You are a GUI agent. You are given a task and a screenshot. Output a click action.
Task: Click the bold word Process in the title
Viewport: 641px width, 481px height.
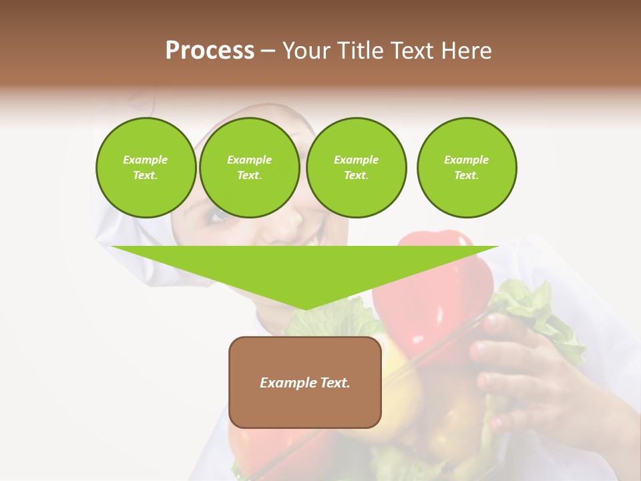coord(210,51)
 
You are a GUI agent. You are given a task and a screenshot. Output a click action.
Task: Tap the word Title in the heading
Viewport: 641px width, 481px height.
coord(361,51)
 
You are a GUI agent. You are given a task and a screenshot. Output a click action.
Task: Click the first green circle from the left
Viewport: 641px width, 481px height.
coord(146,168)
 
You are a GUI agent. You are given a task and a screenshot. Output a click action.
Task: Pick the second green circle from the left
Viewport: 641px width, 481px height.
coord(249,168)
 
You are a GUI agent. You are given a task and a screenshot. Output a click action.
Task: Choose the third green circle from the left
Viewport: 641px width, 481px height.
coord(356,168)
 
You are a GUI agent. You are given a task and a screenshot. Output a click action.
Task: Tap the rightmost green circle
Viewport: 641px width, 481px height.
coord(466,168)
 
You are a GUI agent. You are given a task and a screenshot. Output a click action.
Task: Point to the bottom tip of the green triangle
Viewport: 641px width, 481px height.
coord(305,308)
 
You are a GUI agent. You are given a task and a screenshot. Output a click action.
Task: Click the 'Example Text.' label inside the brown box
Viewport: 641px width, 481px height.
coord(304,383)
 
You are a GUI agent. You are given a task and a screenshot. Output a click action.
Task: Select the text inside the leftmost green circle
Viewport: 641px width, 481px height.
coord(146,168)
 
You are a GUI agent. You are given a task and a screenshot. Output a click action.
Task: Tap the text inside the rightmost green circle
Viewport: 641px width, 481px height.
coord(466,168)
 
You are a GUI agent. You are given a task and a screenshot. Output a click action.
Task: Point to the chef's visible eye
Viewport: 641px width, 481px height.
coord(220,215)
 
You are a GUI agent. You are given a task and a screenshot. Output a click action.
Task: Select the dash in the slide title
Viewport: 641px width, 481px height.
coord(268,51)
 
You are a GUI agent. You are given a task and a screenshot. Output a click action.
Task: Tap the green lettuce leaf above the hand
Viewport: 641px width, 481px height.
coord(534,301)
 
